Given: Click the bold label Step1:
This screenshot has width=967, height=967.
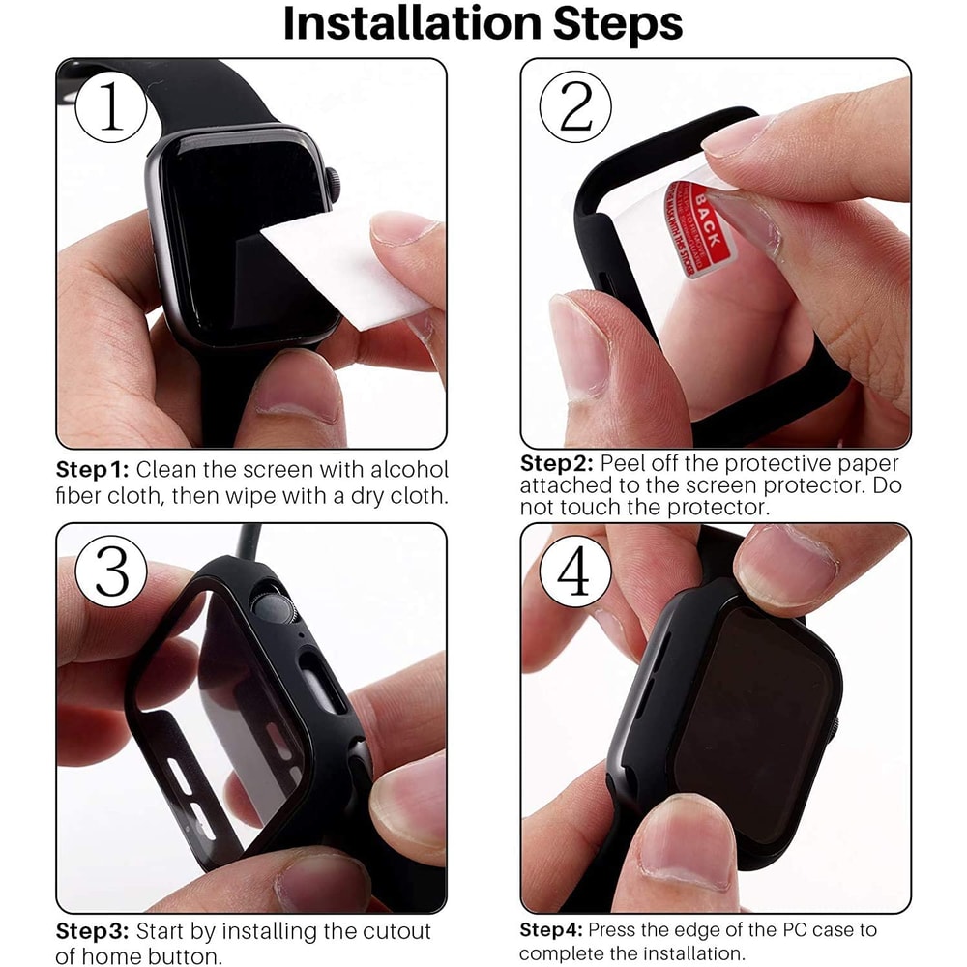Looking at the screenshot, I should pyautogui.click(x=92, y=470).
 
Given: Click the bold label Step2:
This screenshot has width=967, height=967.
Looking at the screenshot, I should pyautogui.click(x=556, y=464).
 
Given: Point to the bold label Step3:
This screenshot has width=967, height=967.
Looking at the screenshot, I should pyautogui.click(x=92, y=932).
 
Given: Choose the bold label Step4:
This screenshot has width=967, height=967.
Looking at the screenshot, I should pyautogui.click(x=552, y=930).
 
